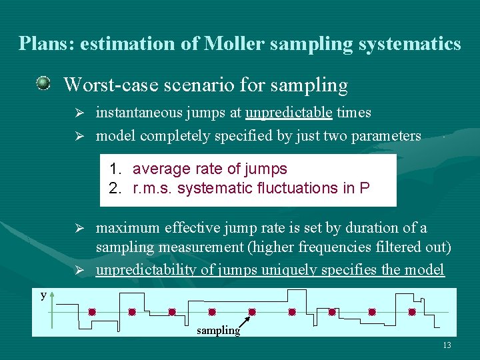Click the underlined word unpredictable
pyautogui.click(x=289, y=113)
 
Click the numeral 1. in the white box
pyautogui.click(x=117, y=169)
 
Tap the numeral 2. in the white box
pyautogui.click(x=117, y=188)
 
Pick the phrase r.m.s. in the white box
pyautogui.click(x=153, y=188)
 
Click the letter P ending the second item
pyautogui.click(x=364, y=188)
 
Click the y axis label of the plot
pyautogui.click(x=43, y=295)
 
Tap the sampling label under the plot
pyautogui.click(x=218, y=330)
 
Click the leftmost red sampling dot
pyautogui.click(x=92, y=311)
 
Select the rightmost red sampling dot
pyautogui.click(x=412, y=311)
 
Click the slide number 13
pyautogui.click(x=447, y=345)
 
